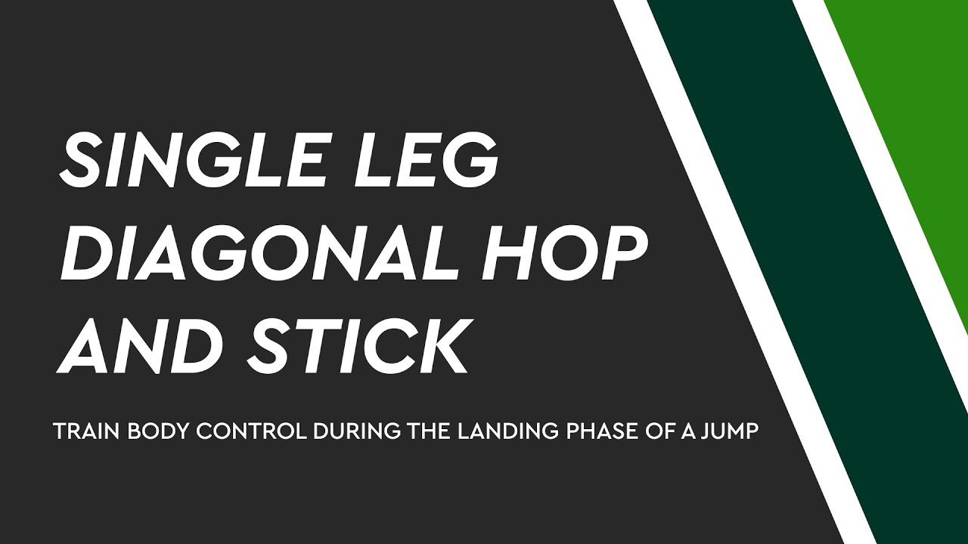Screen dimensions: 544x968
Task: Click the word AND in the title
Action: point(141,346)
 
